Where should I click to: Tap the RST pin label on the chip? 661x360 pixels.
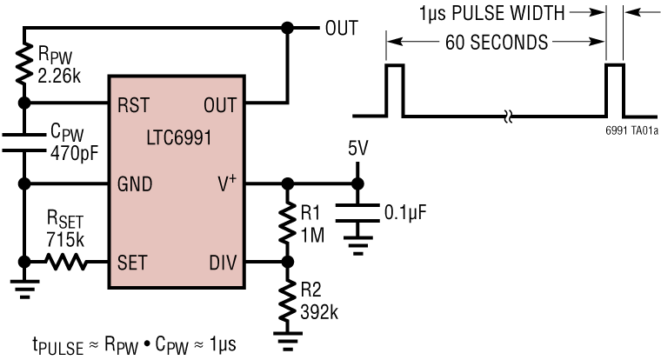(x=132, y=104)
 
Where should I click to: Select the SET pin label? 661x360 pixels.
(x=131, y=261)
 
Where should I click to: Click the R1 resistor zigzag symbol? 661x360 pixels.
(x=287, y=221)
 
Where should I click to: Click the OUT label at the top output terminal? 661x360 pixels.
(x=341, y=28)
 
